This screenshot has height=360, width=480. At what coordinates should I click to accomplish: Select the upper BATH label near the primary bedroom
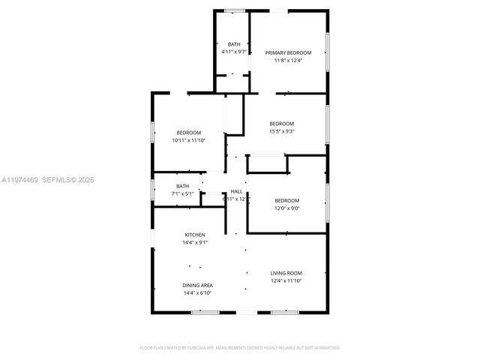coord(234,44)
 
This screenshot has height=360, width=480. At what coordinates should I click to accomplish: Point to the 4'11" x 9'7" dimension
coord(234,52)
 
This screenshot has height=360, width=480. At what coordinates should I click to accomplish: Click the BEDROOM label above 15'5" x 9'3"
coord(282,124)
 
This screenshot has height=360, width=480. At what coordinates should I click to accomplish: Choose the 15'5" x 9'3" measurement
coord(282,131)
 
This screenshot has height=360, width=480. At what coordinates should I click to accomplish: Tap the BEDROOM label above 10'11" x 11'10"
coord(188,133)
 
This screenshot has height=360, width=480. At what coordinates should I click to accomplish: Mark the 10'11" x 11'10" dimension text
coord(188,140)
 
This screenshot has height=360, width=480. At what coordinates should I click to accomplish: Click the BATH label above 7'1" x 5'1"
coord(183,186)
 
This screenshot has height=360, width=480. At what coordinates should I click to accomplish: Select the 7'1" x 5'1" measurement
coord(183,193)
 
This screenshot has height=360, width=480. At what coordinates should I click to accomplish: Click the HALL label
coord(237,191)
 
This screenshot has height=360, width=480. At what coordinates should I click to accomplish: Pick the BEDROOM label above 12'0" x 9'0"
coord(286,200)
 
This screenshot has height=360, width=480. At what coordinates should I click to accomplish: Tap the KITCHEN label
coord(195,235)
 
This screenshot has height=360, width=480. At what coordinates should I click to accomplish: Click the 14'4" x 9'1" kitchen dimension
coord(195,242)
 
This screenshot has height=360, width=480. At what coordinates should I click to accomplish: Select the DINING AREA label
coord(197,285)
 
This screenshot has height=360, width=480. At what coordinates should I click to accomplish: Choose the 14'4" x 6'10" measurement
coord(197,292)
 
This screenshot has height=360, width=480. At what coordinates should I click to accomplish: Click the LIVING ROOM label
coord(286,273)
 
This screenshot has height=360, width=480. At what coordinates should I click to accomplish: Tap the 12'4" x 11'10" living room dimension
coord(286,280)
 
